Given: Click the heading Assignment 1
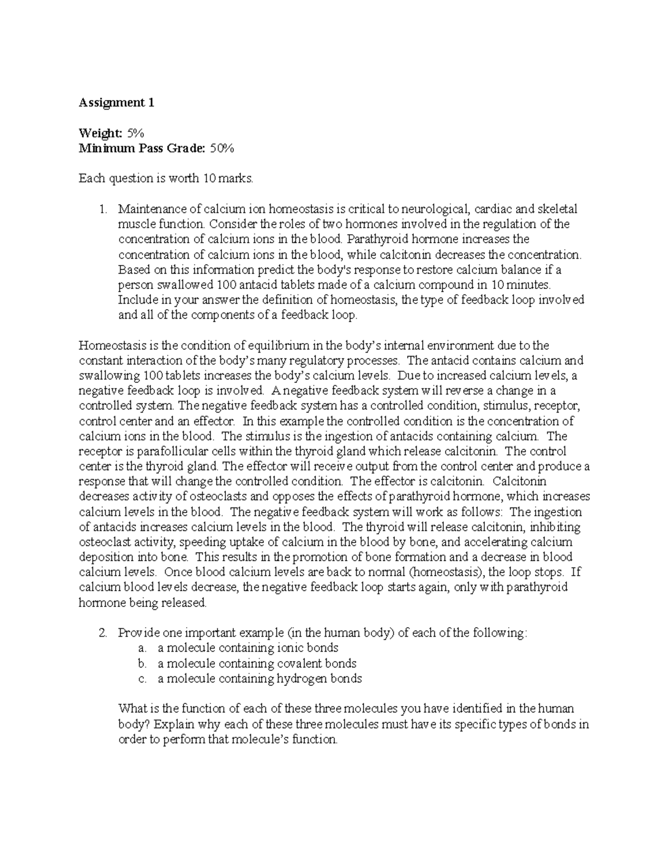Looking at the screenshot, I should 116,103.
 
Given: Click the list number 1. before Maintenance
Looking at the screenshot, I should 102,210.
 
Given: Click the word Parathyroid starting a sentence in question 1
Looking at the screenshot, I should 373,240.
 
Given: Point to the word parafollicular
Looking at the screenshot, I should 157,451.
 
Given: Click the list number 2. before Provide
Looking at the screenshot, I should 102,633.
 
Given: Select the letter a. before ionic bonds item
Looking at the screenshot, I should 142,648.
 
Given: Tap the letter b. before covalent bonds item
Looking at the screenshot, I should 142,663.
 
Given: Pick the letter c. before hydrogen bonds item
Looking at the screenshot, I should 142,679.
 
